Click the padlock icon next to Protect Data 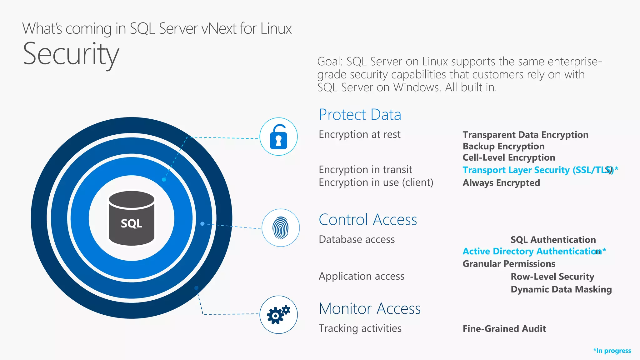pyautogui.click(x=278, y=137)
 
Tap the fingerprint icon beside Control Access pyautogui.click(x=281, y=228)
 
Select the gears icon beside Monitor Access pyautogui.click(x=278, y=315)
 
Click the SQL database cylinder pyautogui.click(x=132, y=218)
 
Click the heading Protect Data pyautogui.click(x=360, y=115)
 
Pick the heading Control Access pyautogui.click(x=367, y=220)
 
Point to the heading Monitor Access pyautogui.click(x=369, y=309)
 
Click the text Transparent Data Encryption pyautogui.click(x=525, y=135)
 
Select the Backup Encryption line pyautogui.click(x=503, y=146)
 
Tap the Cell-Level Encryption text pyautogui.click(x=509, y=157)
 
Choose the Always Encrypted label pyautogui.click(x=501, y=183)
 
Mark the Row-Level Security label pyautogui.click(x=552, y=277)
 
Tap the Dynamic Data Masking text pyautogui.click(x=561, y=289)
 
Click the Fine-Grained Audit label pyautogui.click(x=504, y=329)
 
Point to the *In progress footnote pyautogui.click(x=612, y=351)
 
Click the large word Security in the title pyautogui.click(x=71, y=54)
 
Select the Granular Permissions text pyautogui.click(x=509, y=264)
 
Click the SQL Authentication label pyautogui.click(x=553, y=240)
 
